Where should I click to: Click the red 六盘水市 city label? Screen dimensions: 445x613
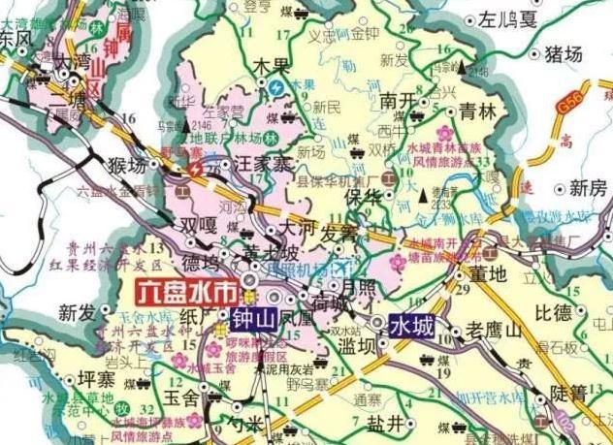(x=185, y=291)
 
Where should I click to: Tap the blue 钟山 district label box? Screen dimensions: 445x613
(x=254, y=317)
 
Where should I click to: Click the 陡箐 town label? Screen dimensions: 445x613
(x=569, y=393)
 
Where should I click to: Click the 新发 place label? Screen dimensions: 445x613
(x=78, y=312)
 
